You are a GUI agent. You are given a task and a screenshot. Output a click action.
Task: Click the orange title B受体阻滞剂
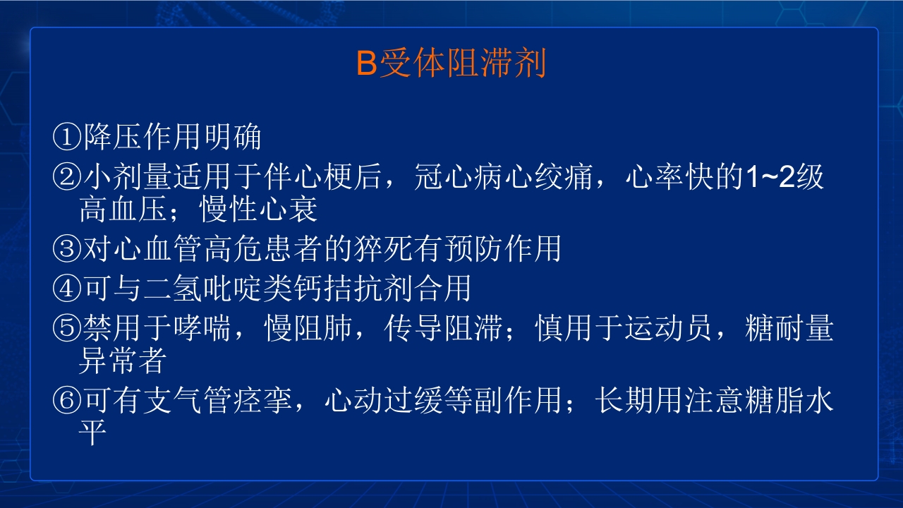(451, 64)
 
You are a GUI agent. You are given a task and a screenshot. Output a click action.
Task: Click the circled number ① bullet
(67, 138)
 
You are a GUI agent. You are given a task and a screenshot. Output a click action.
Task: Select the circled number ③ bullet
(67, 248)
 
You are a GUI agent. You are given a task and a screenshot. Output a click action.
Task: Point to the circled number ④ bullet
(67, 289)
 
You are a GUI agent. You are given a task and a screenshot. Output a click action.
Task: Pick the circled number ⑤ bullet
(67, 329)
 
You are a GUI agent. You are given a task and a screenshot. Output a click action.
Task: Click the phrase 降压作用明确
(172, 138)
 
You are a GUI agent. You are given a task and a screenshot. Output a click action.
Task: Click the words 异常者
(121, 362)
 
